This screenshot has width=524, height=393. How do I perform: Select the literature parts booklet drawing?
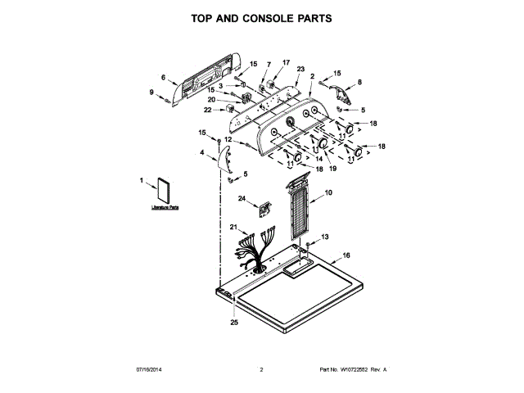tap(164, 191)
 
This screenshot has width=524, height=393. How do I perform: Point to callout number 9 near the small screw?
tap(151, 92)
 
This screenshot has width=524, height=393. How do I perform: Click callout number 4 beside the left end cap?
tap(201, 151)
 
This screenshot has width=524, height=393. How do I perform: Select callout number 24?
tap(242, 198)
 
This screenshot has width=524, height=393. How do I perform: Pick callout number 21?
tap(233, 227)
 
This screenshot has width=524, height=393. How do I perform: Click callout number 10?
tap(328, 192)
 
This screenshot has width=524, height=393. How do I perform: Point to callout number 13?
tap(324, 237)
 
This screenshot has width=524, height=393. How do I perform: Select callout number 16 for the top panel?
tap(346, 255)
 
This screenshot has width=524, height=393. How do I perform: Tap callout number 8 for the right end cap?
tap(359, 81)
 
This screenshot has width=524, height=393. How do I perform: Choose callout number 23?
tap(300, 69)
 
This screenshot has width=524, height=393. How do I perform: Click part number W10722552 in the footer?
tap(355, 370)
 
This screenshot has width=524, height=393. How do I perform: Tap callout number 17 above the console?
tap(286, 62)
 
